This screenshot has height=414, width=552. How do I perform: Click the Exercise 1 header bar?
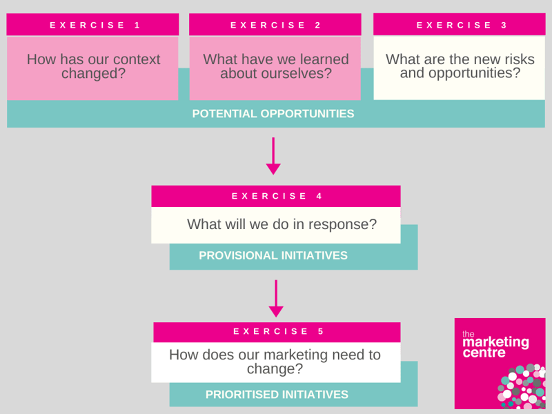click(92, 25)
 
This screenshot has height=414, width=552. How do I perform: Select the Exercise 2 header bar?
click(275, 25)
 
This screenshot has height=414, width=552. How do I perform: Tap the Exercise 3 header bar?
click(459, 25)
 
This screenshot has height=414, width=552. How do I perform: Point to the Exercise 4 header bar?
click(276, 196)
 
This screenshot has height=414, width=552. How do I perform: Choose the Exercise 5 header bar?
click(277, 332)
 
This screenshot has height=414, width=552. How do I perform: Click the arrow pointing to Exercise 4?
click(273, 156)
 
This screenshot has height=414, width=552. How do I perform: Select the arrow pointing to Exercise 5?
click(276, 299)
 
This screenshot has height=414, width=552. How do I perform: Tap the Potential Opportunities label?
click(273, 114)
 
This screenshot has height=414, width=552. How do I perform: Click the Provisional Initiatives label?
click(273, 255)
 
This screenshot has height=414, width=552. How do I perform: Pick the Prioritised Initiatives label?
click(277, 395)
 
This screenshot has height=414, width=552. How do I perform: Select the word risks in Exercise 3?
click(520, 59)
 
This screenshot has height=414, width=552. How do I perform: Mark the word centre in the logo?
click(484, 353)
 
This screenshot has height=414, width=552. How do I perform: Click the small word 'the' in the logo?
click(469, 334)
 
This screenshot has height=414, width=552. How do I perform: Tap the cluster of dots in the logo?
click(522, 386)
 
